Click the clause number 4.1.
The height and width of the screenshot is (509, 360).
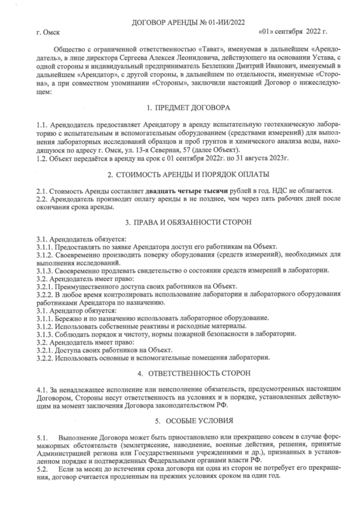42,390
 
